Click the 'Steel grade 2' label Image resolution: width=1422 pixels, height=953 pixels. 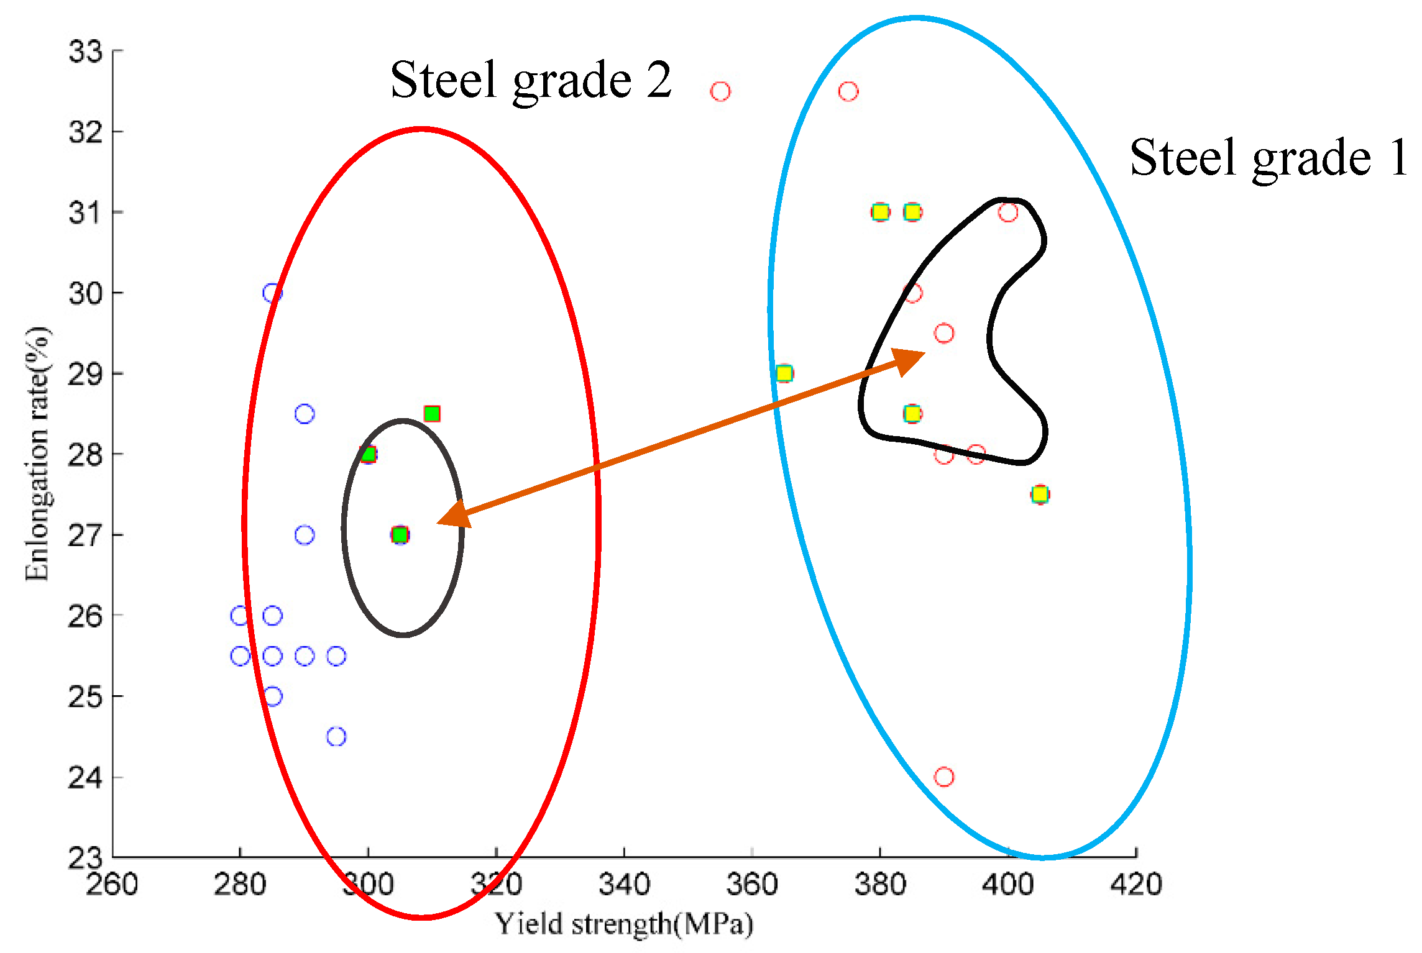coord(531,81)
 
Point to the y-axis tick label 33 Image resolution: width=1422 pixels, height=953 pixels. coord(86,52)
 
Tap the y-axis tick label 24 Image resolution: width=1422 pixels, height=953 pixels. coord(86,777)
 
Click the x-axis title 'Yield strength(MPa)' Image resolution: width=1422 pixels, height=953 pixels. coord(624,924)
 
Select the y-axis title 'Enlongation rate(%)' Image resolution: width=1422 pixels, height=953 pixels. coord(37,454)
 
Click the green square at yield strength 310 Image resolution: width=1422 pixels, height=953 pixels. coord(432,414)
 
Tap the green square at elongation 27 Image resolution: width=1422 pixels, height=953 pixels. coord(400,535)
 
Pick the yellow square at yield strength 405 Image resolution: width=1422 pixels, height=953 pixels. coord(1040,495)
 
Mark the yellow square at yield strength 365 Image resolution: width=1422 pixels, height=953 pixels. coord(784,373)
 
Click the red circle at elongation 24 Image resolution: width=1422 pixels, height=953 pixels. coord(944,777)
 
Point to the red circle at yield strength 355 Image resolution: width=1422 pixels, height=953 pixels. coord(720,91)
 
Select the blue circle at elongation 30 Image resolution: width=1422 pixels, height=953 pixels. coord(272,293)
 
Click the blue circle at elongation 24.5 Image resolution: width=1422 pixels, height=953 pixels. coord(336,737)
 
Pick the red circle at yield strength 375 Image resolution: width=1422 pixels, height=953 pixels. coord(848,91)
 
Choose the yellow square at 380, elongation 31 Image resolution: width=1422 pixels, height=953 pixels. coord(880,212)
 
